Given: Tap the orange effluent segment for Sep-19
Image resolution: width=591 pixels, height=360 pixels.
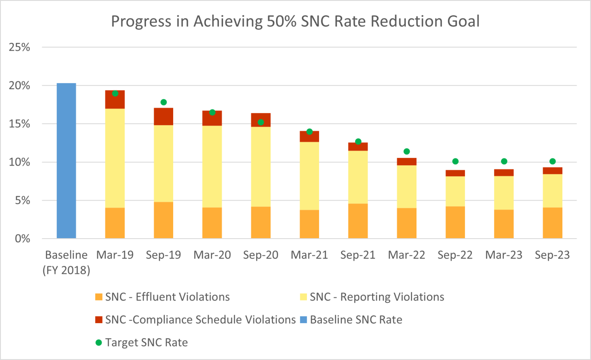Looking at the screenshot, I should point(163,220).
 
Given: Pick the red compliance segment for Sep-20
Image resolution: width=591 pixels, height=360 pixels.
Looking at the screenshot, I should point(261,120).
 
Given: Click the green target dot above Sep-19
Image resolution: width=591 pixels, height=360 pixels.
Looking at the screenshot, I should point(163,102).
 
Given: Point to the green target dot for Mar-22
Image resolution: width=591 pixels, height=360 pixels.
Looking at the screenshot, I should point(406,151).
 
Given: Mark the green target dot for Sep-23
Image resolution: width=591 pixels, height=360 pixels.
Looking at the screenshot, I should point(552,162).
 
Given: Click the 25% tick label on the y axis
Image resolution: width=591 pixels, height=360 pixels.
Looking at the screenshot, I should point(19,48).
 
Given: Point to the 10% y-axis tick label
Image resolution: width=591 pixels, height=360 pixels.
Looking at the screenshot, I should point(19,162).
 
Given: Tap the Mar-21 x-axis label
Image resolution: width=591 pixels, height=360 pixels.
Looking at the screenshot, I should point(309,255).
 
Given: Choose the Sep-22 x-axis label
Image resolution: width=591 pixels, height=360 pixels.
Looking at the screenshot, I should point(455,255).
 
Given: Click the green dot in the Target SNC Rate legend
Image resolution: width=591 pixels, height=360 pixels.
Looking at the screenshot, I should point(98,342).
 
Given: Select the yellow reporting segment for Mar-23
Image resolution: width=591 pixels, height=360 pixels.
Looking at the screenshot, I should point(504,192).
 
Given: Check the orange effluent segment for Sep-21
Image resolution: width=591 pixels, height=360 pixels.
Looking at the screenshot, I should point(358,221).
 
